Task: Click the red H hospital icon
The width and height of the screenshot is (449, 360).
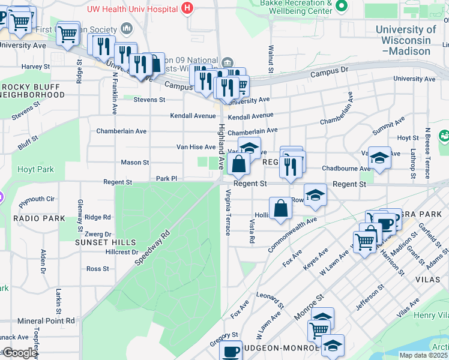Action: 188,7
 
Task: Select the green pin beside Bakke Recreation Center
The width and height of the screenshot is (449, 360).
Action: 342,6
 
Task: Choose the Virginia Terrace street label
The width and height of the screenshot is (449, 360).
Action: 228,212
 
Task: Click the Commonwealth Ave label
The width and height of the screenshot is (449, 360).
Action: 292,234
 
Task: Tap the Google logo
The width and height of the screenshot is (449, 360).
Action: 20,353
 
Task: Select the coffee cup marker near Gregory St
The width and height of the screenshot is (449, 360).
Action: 231,351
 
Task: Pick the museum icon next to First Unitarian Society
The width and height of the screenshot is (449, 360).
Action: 127,29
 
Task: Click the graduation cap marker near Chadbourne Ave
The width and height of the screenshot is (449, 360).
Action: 379,158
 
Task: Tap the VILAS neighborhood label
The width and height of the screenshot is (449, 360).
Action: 427,280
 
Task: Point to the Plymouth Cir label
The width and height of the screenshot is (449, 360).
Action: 37,199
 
